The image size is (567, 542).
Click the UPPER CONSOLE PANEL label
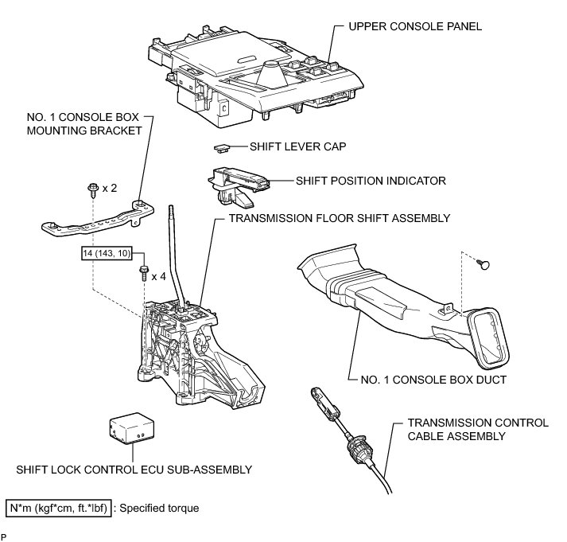414,26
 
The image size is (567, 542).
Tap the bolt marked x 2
92,189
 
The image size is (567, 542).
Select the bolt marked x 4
143,275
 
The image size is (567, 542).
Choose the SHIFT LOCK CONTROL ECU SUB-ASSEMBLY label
128,470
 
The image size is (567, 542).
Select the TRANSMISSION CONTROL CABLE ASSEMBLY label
477,430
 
